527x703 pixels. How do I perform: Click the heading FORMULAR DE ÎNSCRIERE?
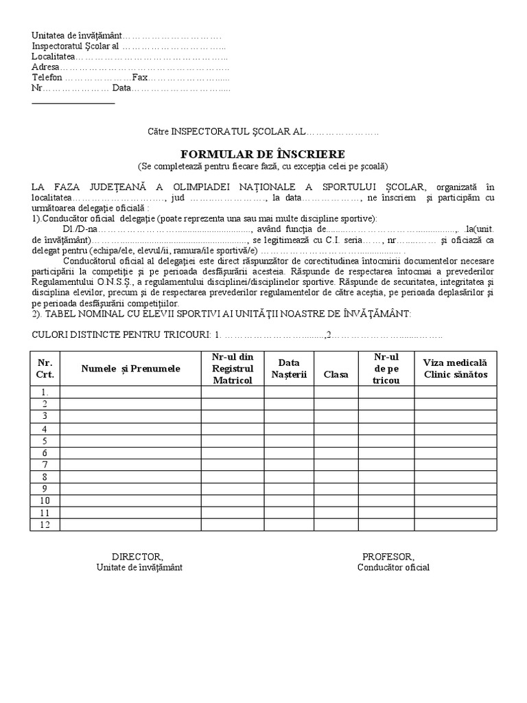[263, 153]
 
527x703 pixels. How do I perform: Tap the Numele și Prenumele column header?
[130, 369]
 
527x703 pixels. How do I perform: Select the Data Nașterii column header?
[289, 369]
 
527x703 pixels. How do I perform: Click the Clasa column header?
[336, 374]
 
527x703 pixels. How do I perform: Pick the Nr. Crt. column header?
[45, 369]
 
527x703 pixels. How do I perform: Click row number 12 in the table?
[45, 525]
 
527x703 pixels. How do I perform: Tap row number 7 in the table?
[45, 465]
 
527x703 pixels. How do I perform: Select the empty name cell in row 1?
[130, 392]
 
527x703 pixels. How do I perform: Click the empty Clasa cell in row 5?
[336, 441]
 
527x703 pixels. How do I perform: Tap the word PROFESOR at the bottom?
[388, 556]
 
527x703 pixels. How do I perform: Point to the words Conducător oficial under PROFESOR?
[393, 567]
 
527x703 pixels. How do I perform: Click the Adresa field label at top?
[45, 67]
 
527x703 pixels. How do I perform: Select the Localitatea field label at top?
[52, 57]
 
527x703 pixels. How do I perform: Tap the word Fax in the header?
[140, 78]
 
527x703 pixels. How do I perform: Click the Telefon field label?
[47, 78]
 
